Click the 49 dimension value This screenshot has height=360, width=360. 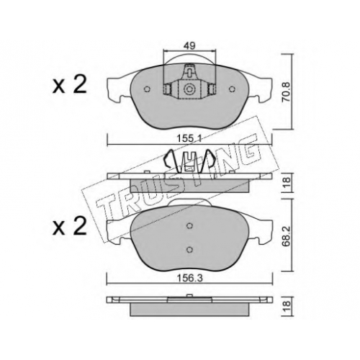coord(189,45)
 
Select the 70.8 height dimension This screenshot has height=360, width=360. coord(287,92)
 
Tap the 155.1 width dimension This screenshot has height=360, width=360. coord(189,139)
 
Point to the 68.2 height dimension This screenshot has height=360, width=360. coord(287,236)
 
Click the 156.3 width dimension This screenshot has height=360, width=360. coord(189,278)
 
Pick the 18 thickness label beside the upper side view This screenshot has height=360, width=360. coord(287,182)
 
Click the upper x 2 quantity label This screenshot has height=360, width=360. coord(70,86)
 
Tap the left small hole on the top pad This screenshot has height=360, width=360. coord(147,89)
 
